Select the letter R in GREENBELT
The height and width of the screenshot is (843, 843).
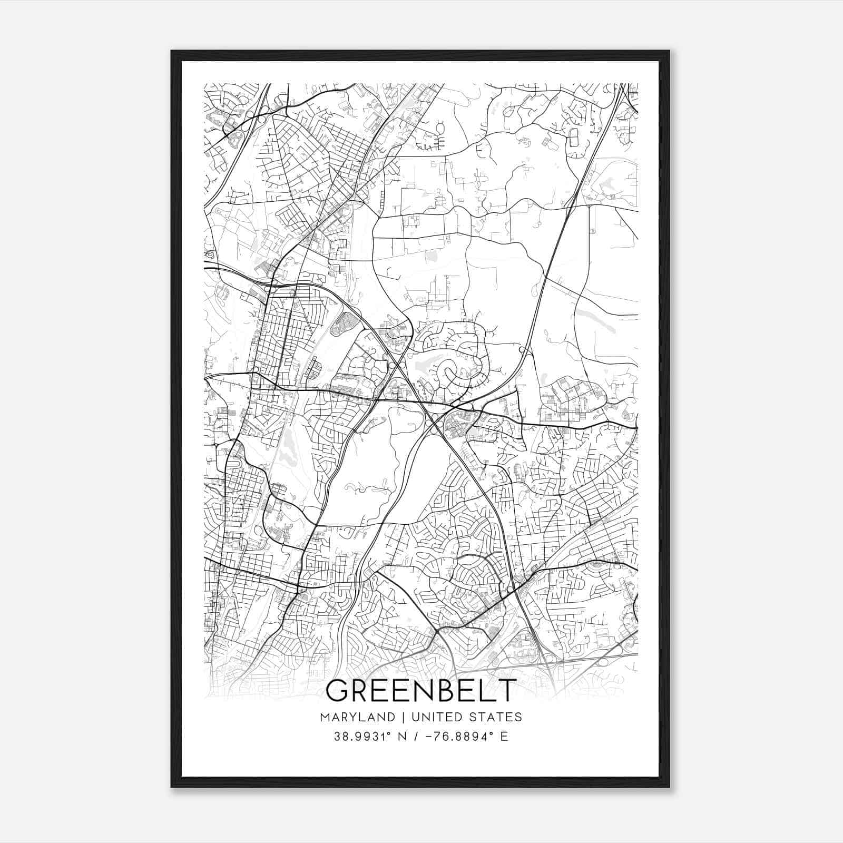(364, 691)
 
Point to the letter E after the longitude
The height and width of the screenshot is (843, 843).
(504, 737)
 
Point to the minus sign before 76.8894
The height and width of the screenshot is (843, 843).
(427, 737)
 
